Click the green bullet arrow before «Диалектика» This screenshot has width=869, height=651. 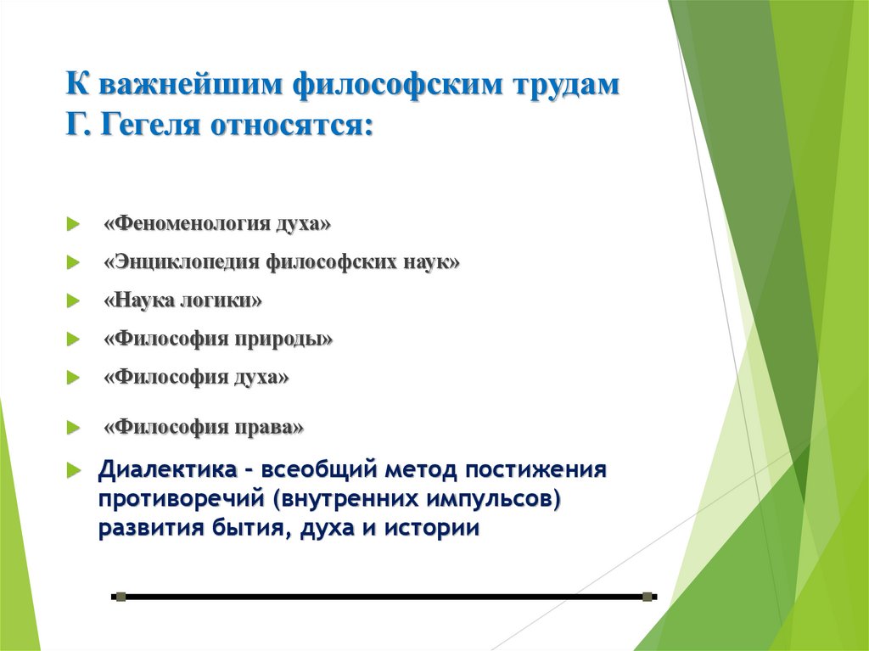point(75,469)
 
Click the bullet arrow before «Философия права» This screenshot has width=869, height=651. point(74,428)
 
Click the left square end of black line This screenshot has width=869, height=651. point(120,597)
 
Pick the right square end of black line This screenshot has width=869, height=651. point(648,597)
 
